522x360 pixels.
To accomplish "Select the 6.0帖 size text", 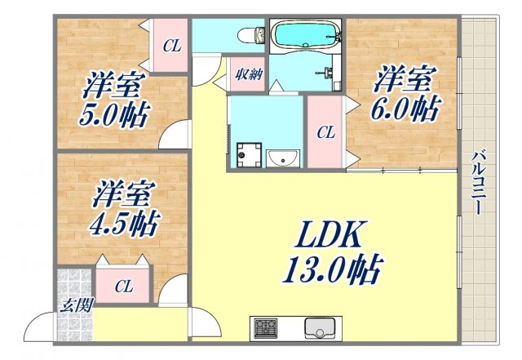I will [406, 108].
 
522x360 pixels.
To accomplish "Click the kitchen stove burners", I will [266, 329].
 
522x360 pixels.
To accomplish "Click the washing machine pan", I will [246, 153].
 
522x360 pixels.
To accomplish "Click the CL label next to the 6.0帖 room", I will [325, 131].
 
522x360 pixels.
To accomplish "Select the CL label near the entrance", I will [123, 287].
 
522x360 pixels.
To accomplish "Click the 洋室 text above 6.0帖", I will [402, 81].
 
